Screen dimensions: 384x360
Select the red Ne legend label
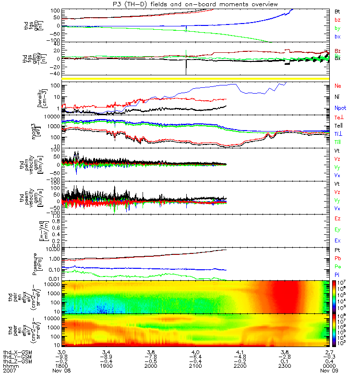[338, 86]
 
